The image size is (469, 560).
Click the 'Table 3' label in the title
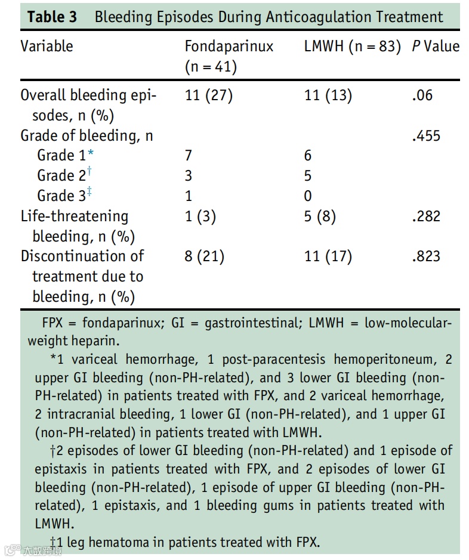click(53, 17)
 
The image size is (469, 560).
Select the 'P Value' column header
click(436, 46)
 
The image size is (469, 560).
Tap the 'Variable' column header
click(47, 46)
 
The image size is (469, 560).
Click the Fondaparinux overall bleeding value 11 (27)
click(208, 95)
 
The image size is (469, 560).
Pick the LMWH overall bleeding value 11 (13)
click(328, 95)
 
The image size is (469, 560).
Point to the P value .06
click(422, 95)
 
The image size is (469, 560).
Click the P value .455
click(426, 136)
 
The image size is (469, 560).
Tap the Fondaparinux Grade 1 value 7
click(189, 156)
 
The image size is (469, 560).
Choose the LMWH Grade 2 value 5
click(308, 176)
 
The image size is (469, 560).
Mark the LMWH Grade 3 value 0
click(308, 196)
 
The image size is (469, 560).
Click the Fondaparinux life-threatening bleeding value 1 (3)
click(200, 216)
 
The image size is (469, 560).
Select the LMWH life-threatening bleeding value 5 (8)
click(320, 216)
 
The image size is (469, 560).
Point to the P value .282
click(426, 216)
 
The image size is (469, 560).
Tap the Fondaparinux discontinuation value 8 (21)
click(205, 256)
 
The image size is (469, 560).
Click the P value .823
click(426, 256)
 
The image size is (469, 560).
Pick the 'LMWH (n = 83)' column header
click(352, 46)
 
